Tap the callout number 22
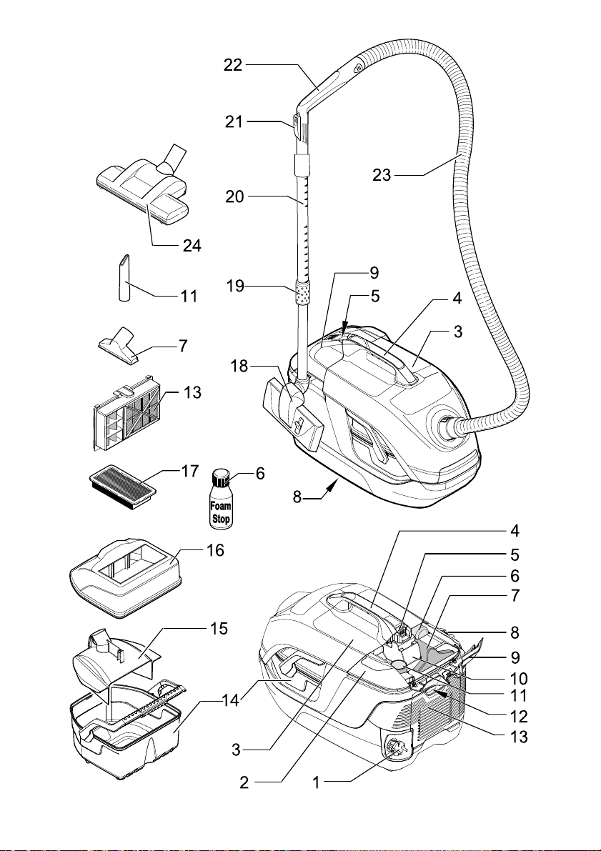pyautogui.click(x=233, y=65)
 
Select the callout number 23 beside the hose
pyautogui.click(x=382, y=175)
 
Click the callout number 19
pyautogui.click(x=235, y=286)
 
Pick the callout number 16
pyautogui.click(x=215, y=550)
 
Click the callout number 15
pyautogui.click(x=219, y=629)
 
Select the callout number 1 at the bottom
pyautogui.click(x=316, y=782)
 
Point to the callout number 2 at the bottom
pyautogui.click(x=244, y=782)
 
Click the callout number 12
pyautogui.click(x=519, y=717)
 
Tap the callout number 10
pyautogui.click(x=519, y=678)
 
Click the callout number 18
pyautogui.click(x=239, y=367)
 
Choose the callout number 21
pyautogui.click(x=234, y=121)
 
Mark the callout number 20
pyautogui.click(x=235, y=196)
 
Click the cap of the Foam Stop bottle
pyautogui.click(x=221, y=477)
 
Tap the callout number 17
pyautogui.click(x=190, y=471)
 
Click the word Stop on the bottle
pyautogui.click(x=221, y=519)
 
